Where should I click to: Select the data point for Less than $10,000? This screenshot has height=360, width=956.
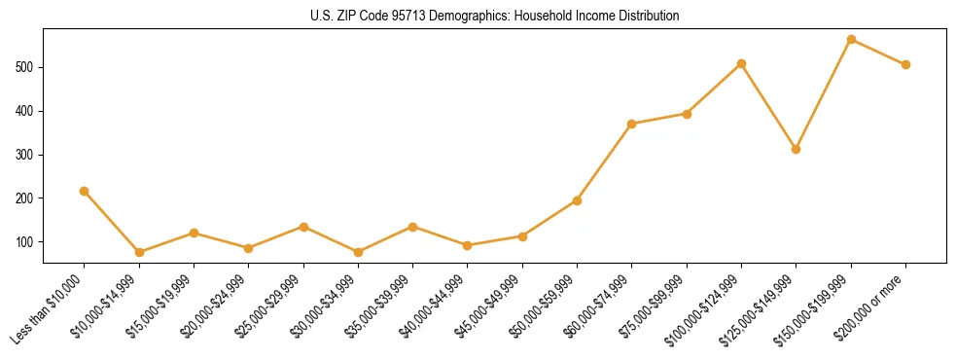point(85,191)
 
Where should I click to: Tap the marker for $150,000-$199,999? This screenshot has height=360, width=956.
point(851,40)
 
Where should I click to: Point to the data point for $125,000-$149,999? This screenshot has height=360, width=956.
point(797,149)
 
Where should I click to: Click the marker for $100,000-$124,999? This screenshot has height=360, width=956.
point(741,64)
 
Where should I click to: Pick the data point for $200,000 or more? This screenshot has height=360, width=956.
point(905,64)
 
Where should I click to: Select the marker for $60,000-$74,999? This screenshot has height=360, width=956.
point(632,124)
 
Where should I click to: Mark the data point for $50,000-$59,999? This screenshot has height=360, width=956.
point(577,200)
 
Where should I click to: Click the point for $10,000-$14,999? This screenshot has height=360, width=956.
point(139,252)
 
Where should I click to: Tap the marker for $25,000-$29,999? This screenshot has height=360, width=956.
point(303,227)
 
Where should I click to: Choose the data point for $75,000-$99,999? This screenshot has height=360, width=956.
point(687,114)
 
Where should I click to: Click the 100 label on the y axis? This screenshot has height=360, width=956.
point(30,241)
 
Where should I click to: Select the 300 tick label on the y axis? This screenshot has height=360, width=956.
point(30,155)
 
